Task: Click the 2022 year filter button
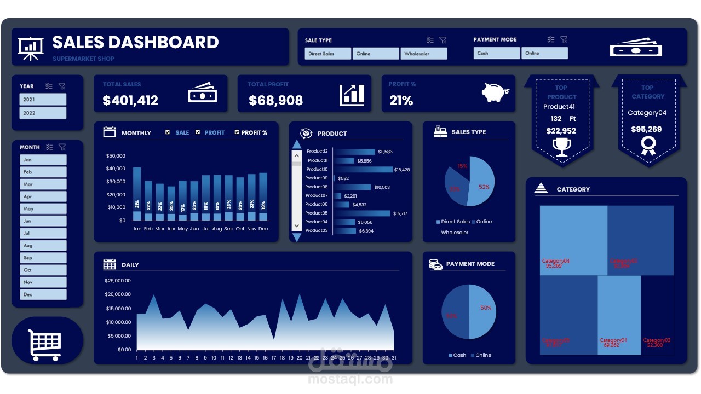pyautogui.click(x=43, y=113)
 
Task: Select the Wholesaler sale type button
pyautogui.click(x=423, y=54)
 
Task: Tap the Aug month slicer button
pyautogui.click(x=43, y=246)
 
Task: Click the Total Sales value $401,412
pyautogui.click(x=130, y=101)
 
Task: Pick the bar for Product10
pyautogui.click(x=363, y=170)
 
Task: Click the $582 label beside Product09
pyautogui.click(x=343, y=178)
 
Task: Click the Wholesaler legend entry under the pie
pyautogui.click(x=455, y=233)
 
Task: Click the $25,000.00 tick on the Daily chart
pyautogui.click(x=118, y=281)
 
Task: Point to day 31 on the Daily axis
pyautogui.click(x=393, y=358)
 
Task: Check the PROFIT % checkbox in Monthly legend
pyautogui.click(x=237, y=132)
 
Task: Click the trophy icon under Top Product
pyautogui.click(x=562, y=147)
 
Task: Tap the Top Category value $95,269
pyautogui.click(x=646, y=130)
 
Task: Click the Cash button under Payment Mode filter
pyautogui.click(x=496, y=53)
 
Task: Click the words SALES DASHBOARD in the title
pyautogui.click(x=135, y=42)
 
